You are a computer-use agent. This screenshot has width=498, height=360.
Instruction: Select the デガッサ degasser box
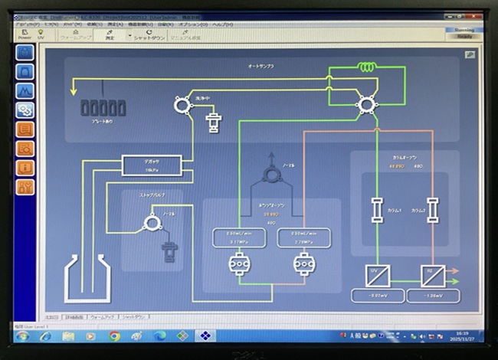coord(152,165)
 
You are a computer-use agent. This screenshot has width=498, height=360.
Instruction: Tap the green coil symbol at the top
coord(368,67)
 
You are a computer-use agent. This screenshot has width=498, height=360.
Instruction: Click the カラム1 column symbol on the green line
coord(377,209)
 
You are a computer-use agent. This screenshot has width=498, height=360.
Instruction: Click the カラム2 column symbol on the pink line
coord(433,209)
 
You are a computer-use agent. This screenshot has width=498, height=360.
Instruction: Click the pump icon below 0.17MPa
coord(238,264)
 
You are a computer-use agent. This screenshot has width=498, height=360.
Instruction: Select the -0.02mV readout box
coord(377,296)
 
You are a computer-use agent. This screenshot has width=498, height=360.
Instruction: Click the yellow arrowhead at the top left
coord(74,90)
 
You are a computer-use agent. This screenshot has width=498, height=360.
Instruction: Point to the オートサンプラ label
coord(260,67)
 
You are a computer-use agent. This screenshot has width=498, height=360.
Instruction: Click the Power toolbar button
coord(25,34)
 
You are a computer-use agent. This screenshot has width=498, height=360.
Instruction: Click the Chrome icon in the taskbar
coord(114,335)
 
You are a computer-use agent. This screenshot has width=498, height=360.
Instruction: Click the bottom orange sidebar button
coord(25,186)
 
